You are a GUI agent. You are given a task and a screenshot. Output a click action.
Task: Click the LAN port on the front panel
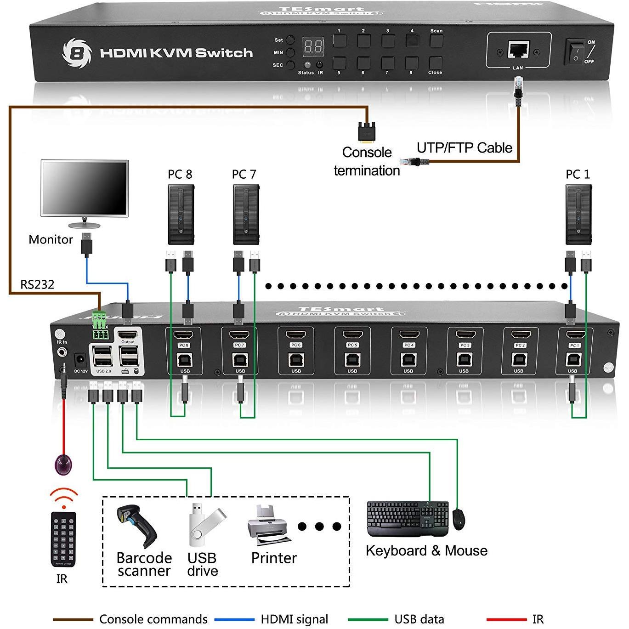[x=518, y=49]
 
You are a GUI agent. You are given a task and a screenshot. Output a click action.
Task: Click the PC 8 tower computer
[x=181, y=215]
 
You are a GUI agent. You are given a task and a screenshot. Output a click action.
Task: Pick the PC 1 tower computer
[x=578, y=215]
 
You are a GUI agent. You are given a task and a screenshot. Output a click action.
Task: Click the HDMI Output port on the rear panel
[x=128, y=334]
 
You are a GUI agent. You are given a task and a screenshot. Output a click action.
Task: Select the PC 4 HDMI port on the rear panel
[x=408, y=334]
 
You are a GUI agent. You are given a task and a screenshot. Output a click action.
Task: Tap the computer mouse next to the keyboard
[x=459, y=519]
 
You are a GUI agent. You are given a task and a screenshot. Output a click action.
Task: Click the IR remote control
[x=63, y=538]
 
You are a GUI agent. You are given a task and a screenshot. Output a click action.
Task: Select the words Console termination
[x=367, y=161]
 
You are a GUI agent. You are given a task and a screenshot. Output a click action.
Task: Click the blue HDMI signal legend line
[x=234, y=620]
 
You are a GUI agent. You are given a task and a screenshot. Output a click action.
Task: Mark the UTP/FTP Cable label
[x=464, y=148]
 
